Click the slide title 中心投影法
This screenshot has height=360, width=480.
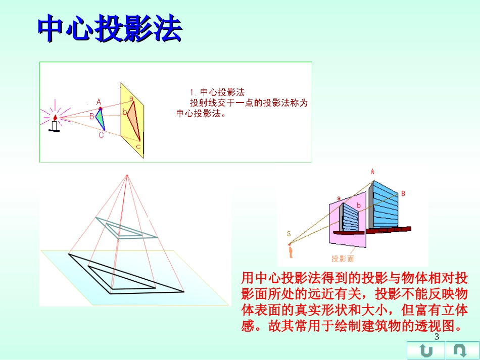pyautogui.click(x=110, y=30)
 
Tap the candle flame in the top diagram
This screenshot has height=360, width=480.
pyautogui.click(x=55, y=117)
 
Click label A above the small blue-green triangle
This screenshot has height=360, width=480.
pyautogui.click(x=99, y=101)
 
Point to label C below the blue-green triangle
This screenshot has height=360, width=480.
pyautogui.click(x=101, y=135)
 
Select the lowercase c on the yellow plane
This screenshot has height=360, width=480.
pyautogui.click(x=138, y=146)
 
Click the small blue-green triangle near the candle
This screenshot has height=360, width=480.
pyautogui.click(x=100, y=119)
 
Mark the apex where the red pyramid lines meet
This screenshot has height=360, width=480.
pyautogui.click(x=127, y=175)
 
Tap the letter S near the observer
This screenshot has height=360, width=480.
pyautogui.click(x=289, y=233)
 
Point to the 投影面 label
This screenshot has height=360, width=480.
pyautogui.click(x=343, y=259)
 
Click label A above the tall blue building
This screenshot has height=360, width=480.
pyautogui.click(x=372, y=172)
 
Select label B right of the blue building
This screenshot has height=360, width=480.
pyautogui.click(x=403, y=193)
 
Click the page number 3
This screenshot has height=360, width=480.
pyautogui.click(x=437, y=338)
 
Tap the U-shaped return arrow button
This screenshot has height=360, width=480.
pyautogui.click(x=426, y=350)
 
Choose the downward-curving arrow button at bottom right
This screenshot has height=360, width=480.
pyautogui.click(x=460, y=350)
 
